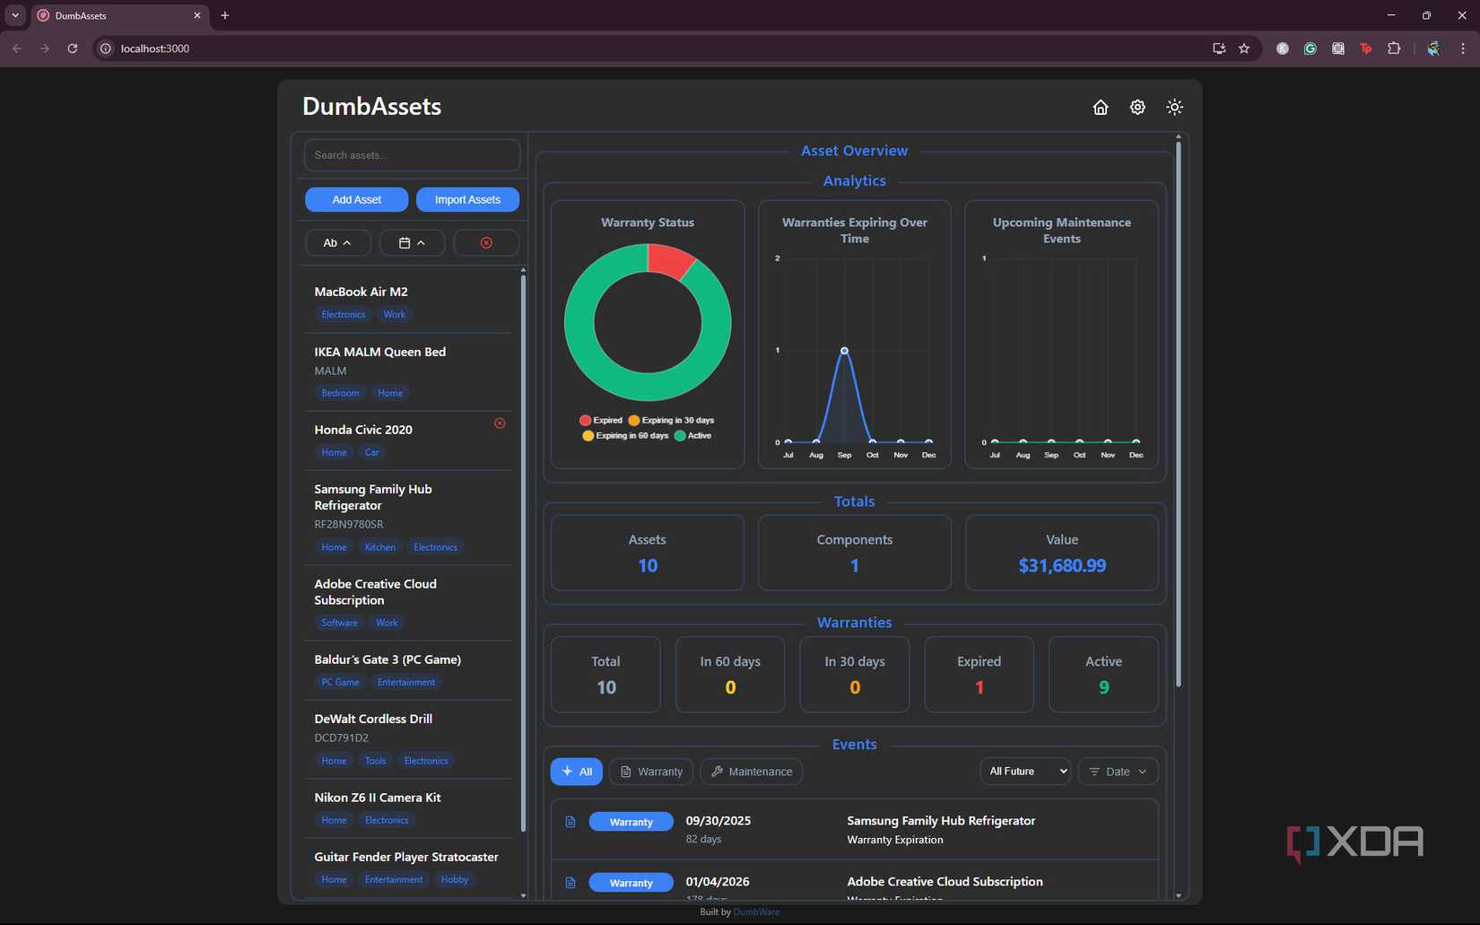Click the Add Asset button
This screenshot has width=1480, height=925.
[356, 199]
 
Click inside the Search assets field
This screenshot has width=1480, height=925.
[412, 155]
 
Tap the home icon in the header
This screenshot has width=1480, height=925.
[1100, 108]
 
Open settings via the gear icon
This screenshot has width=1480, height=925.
[1137, 108]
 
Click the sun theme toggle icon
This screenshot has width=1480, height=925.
[1174, 108]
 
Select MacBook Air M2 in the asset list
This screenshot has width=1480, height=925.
[361, 292]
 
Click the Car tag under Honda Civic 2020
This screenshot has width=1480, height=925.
[371, 452]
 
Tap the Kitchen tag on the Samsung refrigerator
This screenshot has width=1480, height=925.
[379, 547]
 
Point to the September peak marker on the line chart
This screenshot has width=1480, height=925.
[844, 351]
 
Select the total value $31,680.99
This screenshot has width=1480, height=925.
[1061, 565]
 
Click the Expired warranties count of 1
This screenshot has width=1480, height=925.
[979, 687]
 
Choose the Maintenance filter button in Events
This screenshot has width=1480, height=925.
[751, 772]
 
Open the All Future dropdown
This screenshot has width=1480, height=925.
[1024, 772]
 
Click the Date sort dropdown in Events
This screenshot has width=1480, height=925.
[1118, 772]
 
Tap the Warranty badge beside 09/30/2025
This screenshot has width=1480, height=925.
[631, 822]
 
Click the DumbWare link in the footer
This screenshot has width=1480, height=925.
[756, 912]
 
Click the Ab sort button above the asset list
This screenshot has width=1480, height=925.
[337, 243]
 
